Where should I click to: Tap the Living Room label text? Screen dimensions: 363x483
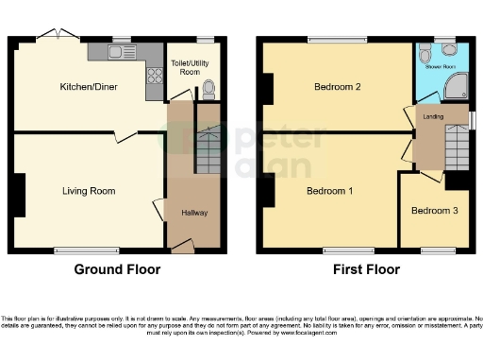pos(89,191)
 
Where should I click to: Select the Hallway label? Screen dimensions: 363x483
pos(194,213)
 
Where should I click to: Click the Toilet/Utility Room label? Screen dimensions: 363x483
pos(190,66)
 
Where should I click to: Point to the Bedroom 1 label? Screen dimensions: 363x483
pos(329,191)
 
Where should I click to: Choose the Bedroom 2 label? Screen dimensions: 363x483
pos(338,86)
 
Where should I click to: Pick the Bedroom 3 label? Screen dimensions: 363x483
pos(434,210)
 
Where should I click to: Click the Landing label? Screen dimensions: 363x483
pos(434,116)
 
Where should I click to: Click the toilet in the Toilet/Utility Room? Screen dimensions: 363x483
pos(208,90)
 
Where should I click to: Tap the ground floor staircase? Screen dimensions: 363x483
pos(208,147)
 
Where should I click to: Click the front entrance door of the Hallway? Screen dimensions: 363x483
pos(181,247)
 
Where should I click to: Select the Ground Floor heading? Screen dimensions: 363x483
pos(117,269)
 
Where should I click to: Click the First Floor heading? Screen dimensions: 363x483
pos(366,269)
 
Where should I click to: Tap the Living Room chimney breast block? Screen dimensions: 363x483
pos(19,194)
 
